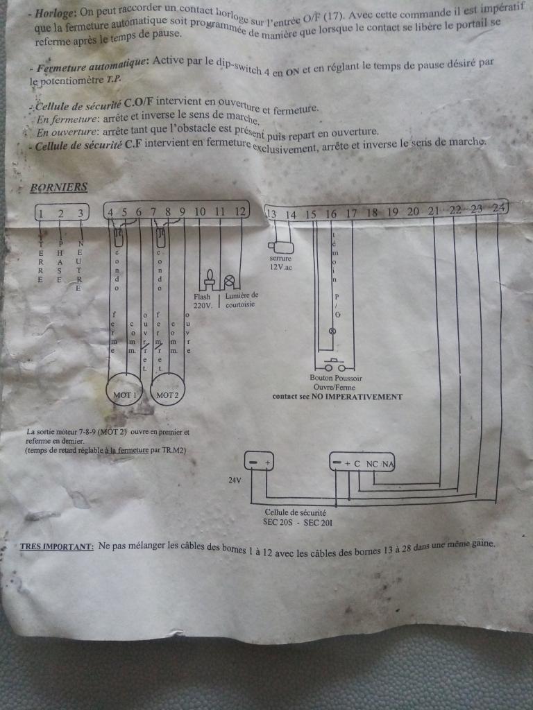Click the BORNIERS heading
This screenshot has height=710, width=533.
click(x=59, y=187)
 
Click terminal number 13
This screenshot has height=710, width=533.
click(x=271, y=214)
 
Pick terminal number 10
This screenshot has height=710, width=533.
click(x=200, y=211)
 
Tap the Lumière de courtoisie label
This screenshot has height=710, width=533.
click(x=242, y=299)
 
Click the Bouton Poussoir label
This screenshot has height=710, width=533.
click(x=336, y=379)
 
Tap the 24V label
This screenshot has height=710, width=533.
click(x=235, y=479)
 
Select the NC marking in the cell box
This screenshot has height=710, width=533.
click(x=372, y=462)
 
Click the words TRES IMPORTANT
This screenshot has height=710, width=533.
click(x=57, y=546)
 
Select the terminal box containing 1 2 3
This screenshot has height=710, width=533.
click(x=62, y=213)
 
